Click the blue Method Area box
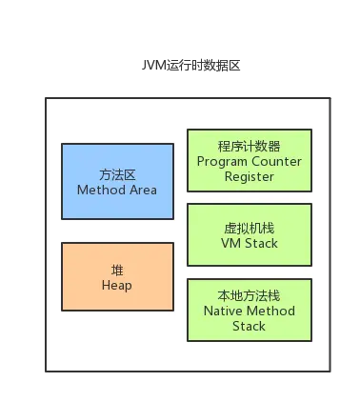[117, 181]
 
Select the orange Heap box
[117, 276]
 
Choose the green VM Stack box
[249, 235]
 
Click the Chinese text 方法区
[117, 174]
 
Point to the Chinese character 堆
[117, 270]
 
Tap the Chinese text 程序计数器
[249, 146]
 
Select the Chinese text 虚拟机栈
[249, 228]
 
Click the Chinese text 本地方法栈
[249, 295]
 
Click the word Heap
[117, 285]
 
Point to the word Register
[249, 176]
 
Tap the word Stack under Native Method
[249, 326]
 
